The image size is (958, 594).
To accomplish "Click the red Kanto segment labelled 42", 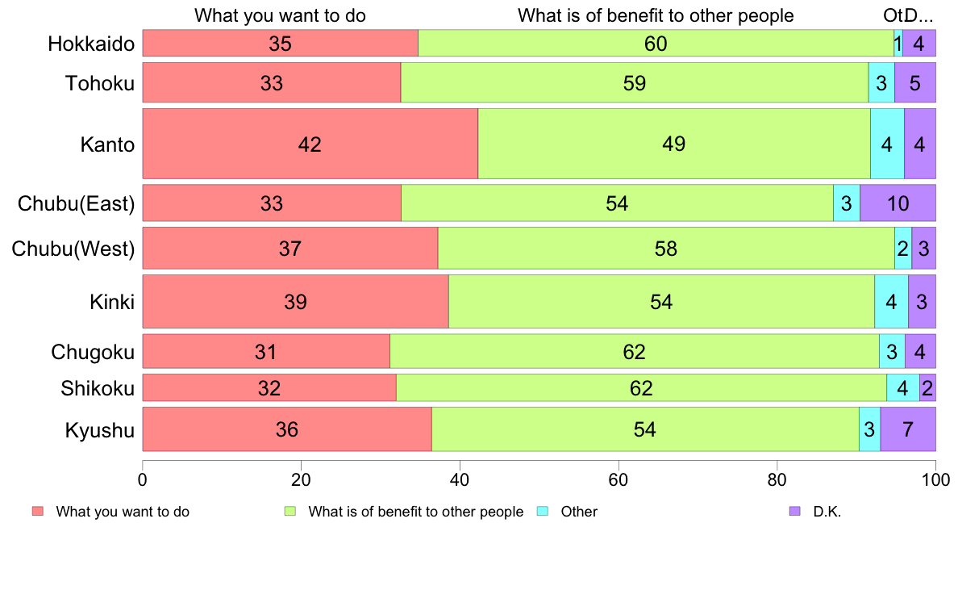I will tap(310, 144).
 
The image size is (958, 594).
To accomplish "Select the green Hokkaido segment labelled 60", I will tap(656, 44).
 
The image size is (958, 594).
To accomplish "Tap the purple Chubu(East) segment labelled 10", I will tap(898, 203).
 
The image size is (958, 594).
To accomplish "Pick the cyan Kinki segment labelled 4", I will tap(891, 302).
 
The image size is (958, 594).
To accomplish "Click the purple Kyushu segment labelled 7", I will tap(908, 429).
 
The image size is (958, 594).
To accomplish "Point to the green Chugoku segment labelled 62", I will tap(634, 352).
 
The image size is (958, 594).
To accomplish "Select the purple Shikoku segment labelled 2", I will tap(927, 388).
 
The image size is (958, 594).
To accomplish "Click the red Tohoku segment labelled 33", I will tap(272, 82).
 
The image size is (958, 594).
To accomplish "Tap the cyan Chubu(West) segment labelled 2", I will tap(903, 248).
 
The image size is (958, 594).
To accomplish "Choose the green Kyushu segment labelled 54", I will tap(645, 429).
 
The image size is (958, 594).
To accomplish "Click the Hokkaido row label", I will tap(90, 44).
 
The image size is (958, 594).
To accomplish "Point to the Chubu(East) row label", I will tap(76, 203).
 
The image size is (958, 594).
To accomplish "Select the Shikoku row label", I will tap(98, 388).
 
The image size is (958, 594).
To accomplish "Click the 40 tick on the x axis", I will tap(460, 479).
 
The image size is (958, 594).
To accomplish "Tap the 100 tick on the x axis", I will tap(935, 479).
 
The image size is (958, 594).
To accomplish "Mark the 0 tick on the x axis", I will tap(143, 479).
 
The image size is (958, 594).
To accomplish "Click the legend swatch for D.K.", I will tap(794, 511).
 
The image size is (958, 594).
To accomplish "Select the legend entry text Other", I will tap(579, 512).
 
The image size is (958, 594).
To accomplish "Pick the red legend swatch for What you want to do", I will tap(37, 511).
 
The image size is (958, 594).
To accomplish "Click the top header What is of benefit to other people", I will tap(656, 15).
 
